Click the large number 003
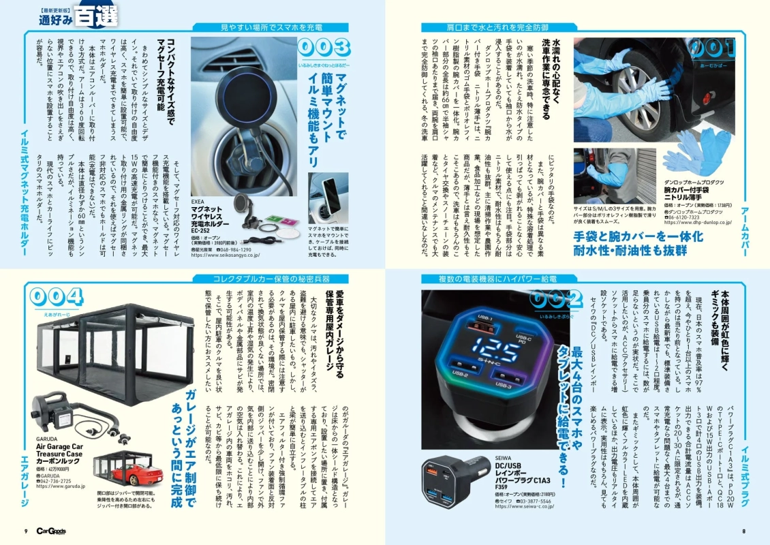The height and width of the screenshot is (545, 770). click(324, 48)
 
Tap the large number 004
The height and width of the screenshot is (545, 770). click(57, 297)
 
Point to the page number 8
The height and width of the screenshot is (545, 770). click(744, 532)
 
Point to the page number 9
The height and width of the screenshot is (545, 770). click(25, 532)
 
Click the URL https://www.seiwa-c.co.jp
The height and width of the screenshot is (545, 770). click(527, 506)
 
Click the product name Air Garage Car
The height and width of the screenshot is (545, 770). click(60, 447)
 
